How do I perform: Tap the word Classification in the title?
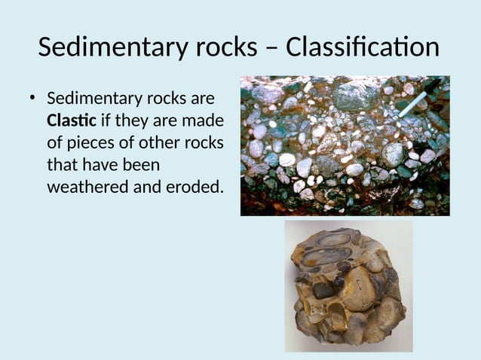coord(363,47)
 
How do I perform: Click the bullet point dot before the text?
coord(32,98)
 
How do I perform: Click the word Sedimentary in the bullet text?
coord(110,99)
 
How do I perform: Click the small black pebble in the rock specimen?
coord(323,290)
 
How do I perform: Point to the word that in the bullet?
coord(63,164)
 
